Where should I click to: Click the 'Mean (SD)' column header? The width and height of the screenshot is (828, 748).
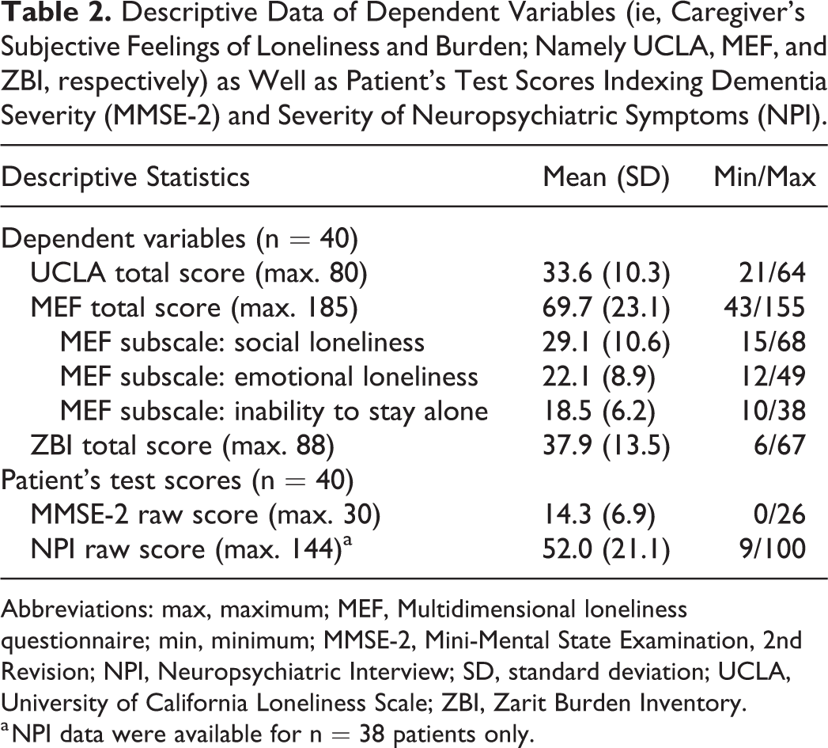pos(606,177)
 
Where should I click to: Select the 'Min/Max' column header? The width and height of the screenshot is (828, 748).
pos(765,177)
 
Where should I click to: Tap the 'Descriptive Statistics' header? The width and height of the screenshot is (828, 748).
pos(126,177)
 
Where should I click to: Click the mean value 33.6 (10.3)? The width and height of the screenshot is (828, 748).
pos(606,274)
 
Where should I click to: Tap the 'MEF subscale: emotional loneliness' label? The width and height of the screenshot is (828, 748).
pos(269,377)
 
